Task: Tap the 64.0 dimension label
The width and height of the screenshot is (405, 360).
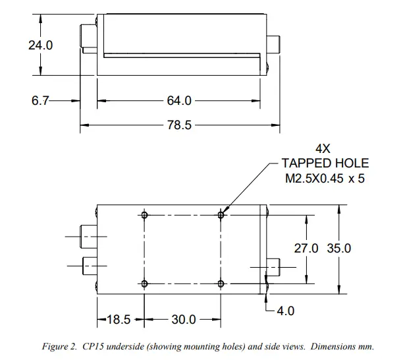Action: (179, 101)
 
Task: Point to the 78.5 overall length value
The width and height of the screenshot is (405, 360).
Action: (179, 125)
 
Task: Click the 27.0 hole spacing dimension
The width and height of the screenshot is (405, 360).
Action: (306, 248)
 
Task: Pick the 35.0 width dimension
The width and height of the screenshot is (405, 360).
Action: (339, 248)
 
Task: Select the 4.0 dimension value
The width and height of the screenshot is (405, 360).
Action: (284, 310)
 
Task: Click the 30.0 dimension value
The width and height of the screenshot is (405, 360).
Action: (182, 320)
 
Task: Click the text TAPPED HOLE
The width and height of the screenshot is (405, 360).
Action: (325, 164)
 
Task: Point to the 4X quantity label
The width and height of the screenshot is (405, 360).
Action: (323, 148)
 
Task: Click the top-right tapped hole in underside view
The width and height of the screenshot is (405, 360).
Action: (221, 214)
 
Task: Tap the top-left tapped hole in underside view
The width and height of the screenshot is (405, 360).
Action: (144, 214)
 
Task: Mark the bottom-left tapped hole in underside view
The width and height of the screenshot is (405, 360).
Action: (144, 284)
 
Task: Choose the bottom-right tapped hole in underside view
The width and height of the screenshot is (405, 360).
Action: (221, 284)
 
